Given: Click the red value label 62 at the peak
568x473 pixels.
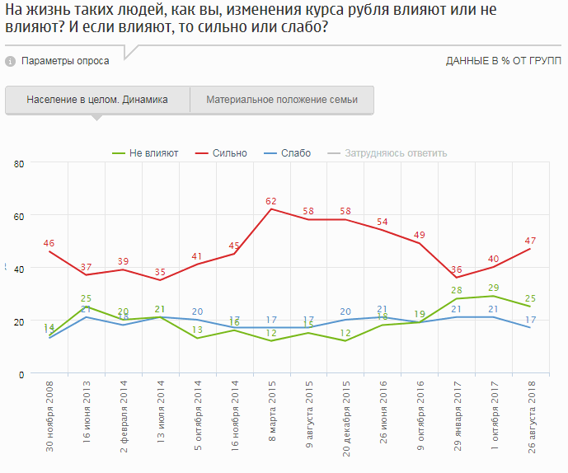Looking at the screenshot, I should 271,200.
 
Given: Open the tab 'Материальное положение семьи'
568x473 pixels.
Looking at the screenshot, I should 282,100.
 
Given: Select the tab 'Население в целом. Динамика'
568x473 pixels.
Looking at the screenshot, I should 97,100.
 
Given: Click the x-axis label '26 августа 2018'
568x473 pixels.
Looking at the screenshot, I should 530,419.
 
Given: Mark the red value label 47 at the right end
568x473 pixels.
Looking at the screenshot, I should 530,240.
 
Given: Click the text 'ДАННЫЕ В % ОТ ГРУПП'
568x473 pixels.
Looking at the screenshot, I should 503,62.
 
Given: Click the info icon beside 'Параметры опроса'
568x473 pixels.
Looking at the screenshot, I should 10,61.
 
